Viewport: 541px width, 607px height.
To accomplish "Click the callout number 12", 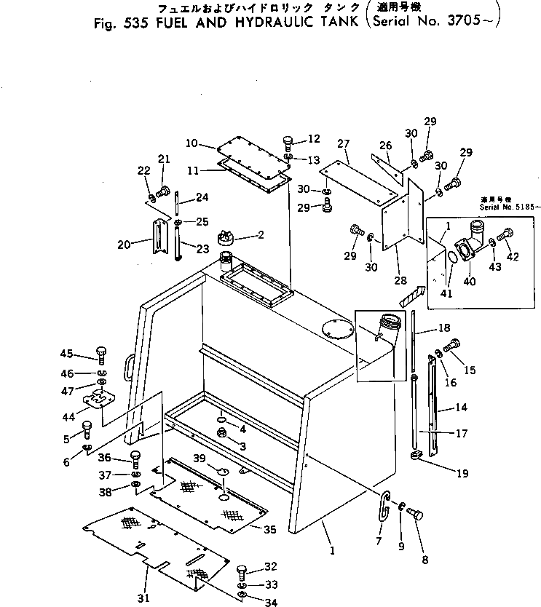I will [313, 139].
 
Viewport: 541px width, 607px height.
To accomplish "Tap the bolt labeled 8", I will [414, 514].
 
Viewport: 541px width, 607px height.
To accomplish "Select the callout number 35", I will [270, 529].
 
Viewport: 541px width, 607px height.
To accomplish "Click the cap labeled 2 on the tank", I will [227, 238].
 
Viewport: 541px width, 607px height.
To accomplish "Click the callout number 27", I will [344, 143].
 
